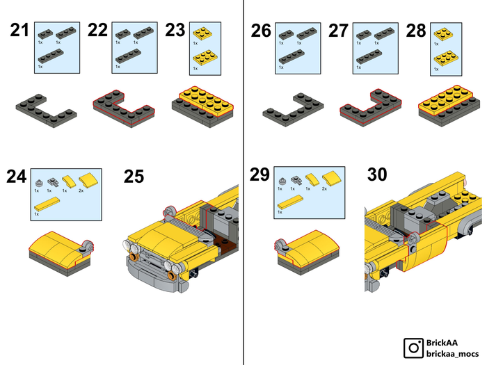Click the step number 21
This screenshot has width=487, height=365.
(19, 30)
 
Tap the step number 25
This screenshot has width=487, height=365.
(134, 177)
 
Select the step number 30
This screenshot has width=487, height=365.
(377, 174)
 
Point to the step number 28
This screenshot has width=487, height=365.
(416, 31)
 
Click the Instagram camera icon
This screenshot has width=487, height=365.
(413, 348)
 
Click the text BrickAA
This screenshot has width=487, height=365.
(442, 343)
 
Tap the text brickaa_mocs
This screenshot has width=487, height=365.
(452, 353)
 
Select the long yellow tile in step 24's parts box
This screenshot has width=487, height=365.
(47, 204)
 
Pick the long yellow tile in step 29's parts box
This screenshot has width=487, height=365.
(290, 202)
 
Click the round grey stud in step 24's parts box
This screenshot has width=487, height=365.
(39, 183)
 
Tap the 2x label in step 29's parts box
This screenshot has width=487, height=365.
(324, 188)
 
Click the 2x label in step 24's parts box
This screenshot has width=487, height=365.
(81, 190)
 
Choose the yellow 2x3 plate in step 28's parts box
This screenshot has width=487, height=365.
(446, 58)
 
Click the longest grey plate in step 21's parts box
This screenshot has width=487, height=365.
(51, 56)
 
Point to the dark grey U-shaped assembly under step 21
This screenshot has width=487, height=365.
(47, 111)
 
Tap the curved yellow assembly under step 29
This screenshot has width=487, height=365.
(307, 252)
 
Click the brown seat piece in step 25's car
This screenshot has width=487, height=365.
(222, 243)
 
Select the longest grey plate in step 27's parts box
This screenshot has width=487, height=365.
(369, 57)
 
